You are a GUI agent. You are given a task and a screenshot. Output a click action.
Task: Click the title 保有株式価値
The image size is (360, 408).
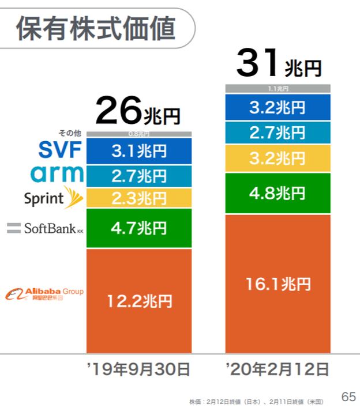[96, 28]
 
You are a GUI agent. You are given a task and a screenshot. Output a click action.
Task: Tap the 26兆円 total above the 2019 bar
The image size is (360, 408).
[138, 111]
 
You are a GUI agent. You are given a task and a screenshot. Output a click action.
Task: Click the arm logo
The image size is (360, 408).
[57, 174]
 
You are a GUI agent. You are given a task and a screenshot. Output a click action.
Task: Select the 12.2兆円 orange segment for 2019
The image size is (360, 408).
[139, 300]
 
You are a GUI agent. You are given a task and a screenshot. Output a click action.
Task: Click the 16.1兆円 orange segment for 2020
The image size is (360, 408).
[277, 284]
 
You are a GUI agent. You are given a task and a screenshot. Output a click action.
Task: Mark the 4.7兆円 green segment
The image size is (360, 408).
[139, 228]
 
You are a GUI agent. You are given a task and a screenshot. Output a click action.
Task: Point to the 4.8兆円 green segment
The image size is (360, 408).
[277, 193]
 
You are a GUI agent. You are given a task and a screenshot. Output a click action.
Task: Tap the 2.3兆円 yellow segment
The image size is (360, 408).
[139, 198]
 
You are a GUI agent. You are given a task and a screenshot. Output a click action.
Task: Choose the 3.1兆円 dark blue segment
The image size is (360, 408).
[139, 151]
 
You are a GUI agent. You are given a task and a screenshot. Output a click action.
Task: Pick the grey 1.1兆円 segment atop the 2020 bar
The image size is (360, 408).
[277, 89]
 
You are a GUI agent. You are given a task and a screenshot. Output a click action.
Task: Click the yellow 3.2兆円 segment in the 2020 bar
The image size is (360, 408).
[277, 158]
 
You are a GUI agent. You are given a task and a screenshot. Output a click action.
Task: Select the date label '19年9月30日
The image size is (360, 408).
[138, 368]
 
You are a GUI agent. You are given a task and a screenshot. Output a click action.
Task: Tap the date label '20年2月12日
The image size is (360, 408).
[277, 368]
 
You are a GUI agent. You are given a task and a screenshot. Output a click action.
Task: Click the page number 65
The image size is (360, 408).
[348, 396]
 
